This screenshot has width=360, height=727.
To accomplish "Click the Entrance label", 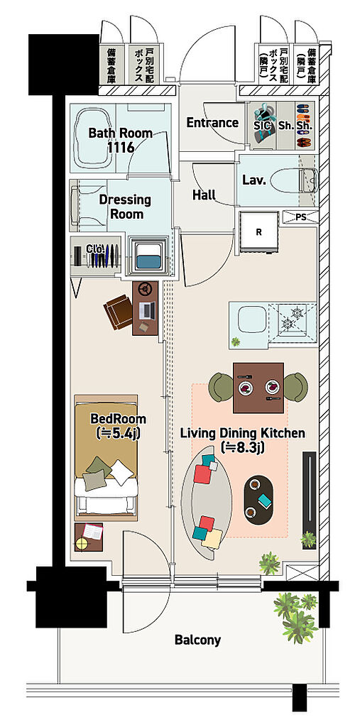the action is pyautogui.click(x=212, y=123).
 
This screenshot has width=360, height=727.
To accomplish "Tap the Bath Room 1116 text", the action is pyautogui.click(x=120, y=141).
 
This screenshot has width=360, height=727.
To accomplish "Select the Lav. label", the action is pyautogui.click(x=253, y=180).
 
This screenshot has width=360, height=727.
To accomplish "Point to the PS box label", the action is pyautogui.click(x=300, y=217).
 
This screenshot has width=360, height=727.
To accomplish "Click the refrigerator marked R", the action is pyautogui.click(x=259, y=231).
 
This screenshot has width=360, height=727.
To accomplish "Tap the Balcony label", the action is pyautogui.click(x=197, y=640).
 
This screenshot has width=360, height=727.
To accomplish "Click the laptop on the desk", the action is pyautogui.click(x=148, y=310).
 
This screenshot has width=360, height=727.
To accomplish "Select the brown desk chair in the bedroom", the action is pyautogui.click(x=119, y=312).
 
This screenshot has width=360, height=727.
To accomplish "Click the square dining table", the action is pyautogui.click(x=258, y=388).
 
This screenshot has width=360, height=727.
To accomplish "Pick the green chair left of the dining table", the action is pyautogui.click(x=221, y=387).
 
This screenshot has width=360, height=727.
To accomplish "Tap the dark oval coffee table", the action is pyautogui.click(x=259, y=500).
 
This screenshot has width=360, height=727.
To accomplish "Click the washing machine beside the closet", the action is pyautogui.click(x=148, y=256).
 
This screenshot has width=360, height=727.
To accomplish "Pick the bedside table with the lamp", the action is pyautogui.click(x=89, y=537).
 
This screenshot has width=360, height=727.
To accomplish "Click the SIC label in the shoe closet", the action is pyautogui.click(x=263, y=125).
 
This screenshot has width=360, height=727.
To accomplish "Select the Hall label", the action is pyautogui.click(x=204, y=195).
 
